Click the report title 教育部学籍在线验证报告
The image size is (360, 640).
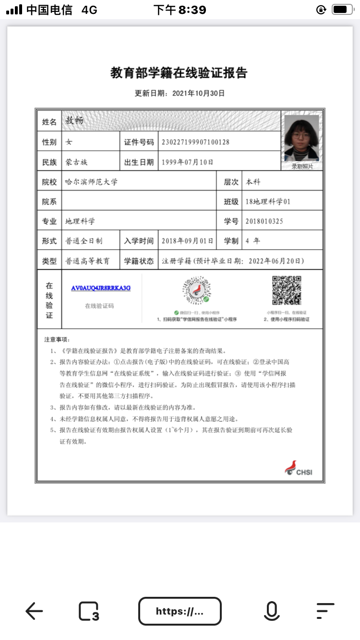(x=179, y=73)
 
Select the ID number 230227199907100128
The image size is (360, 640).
(x=195, y=142)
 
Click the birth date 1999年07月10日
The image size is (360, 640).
(x=188, y=162)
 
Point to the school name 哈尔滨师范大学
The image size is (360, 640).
(x=91, y=182)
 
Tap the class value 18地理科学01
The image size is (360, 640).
(x=268, y=201)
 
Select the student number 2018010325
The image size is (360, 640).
(x=264, y=221)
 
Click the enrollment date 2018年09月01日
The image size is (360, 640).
(x=188, y=241)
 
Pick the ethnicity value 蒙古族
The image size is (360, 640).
(x=76, y=162)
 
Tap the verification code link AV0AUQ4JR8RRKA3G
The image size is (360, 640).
(x=101, y=288)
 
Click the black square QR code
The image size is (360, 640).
(x=287, y=291)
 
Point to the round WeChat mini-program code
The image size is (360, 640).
(x=197, y=291)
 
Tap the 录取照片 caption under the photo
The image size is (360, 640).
(x=302, y=166)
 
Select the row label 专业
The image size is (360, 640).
(x=49, y=221)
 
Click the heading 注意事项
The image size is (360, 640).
(x=57, y=340)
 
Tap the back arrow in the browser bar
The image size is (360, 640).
(x=34, y=611)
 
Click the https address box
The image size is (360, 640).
(x=180, y=611)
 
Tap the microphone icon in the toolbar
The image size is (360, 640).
(x=271, y=611)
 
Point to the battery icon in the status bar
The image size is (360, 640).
(x=342, y=9)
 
